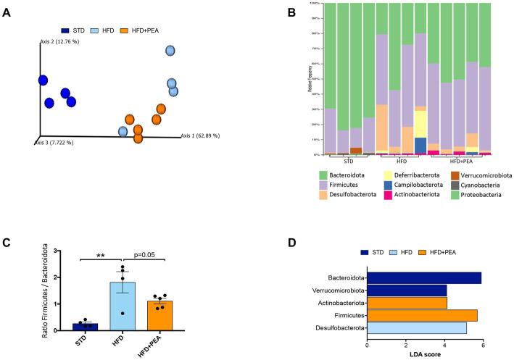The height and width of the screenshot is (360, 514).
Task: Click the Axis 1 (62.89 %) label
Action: (199, 135)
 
